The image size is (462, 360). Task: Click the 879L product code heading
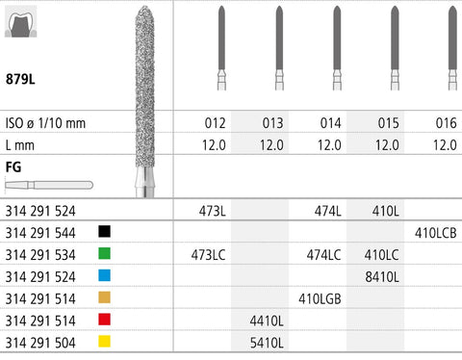pyautogui.click(x=20, y=79)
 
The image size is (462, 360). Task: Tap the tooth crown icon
pyautogui.click(x=21, y=22)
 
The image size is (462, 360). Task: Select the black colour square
pyautogui.click(x=104, y=231)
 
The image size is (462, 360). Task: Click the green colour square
pyautogui.click(x=104, y=253)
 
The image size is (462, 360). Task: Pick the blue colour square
pyautogui.click(x=104, y=275)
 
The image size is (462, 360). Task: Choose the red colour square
pyautogui.click(x=104, y=320)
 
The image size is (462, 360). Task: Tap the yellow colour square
pyautogui.click(x=104, y=341)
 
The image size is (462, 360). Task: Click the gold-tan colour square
pyautogui.click(x=104, y=297)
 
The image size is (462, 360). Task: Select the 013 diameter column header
pyautogui.click(x=272, y=123)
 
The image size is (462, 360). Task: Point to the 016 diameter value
pyautogui.click(x=446, y=123)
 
